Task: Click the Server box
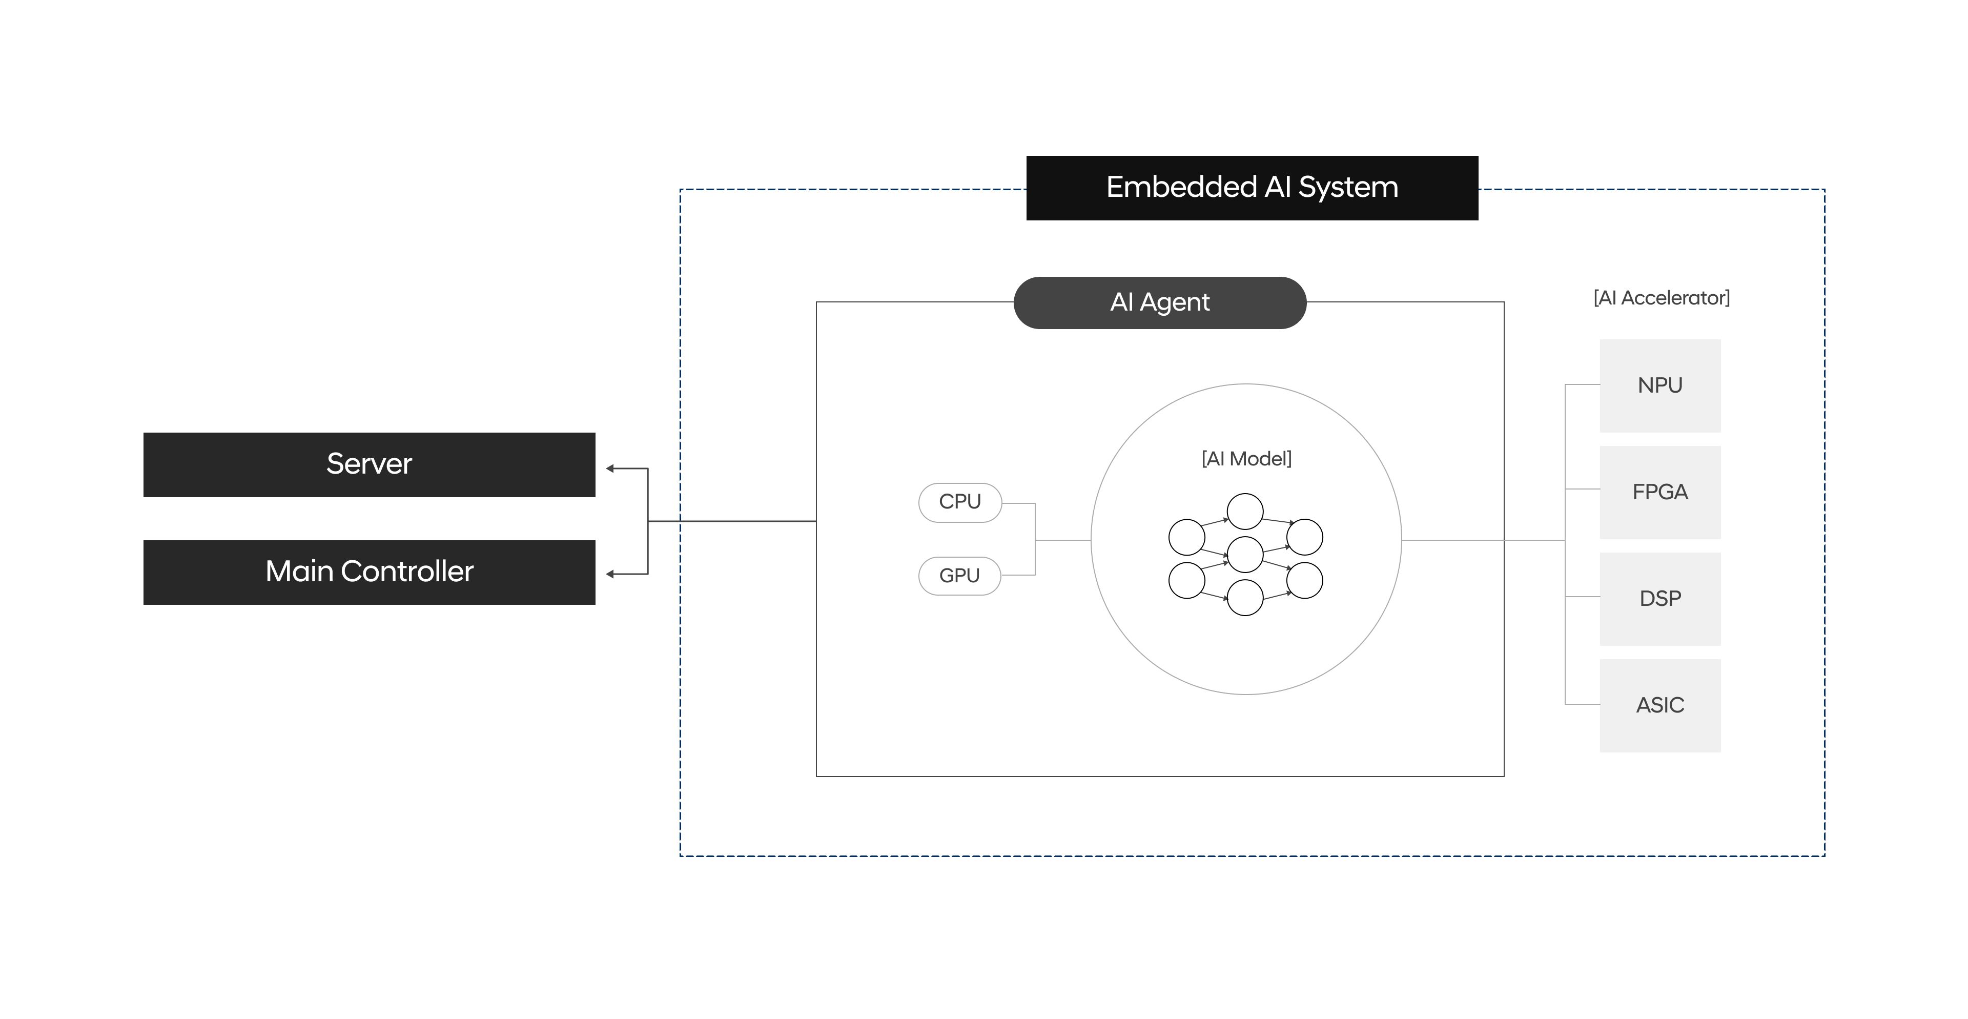pyautogui.click(x=369, y=464)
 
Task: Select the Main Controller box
pyautogui.click(x=369, y=572)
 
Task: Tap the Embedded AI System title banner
pyautogui.click(x=1252, y=188)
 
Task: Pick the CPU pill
pyautogui.click(x=959, y=502)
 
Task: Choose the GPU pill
pyautogui.click(x=959, y=575)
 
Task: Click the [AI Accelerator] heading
pyautogui.click(x=1661, y=298)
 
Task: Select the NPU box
pyautogui.click(x=1659, y=386)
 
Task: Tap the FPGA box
pyautogui.click(x=1659, y=492)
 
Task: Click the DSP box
pyautogui.click(x=1659, y=598)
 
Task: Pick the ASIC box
pyautogui.click(x=1659, y=705)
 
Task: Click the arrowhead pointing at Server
pyautogui.click(x=610, y=468)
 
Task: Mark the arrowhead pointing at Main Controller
pyautogui.click(x=610, y=574)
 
